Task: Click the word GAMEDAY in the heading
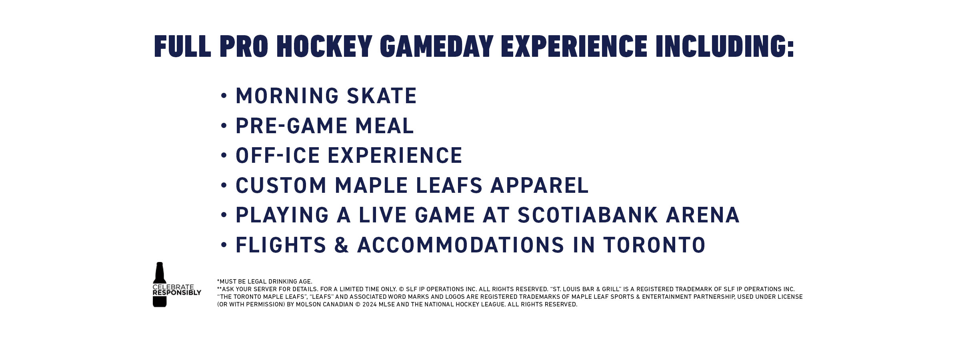(x=436, y=46)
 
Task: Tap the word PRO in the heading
(x=244, y=46)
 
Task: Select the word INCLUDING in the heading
(x=724, y=46)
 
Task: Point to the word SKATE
(x=382, y=96)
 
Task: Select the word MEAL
(x=384, y=126)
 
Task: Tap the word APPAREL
(x=539, y=186)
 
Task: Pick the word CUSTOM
(x=281, y=186)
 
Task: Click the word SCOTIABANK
(x=588, y=215)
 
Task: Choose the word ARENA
(x=703, y=215)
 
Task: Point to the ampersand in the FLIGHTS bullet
(x=342, y=245)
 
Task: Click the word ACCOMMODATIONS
(x=460, y=245)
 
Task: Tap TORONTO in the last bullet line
(x=654, y=245)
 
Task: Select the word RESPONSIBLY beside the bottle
(x=177, y=293)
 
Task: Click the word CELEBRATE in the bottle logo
(x=173, y=287)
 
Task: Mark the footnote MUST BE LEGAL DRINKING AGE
(x=265, y=282)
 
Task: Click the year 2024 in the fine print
(x=370, y=304)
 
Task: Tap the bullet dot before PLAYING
(x=224, y=215)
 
